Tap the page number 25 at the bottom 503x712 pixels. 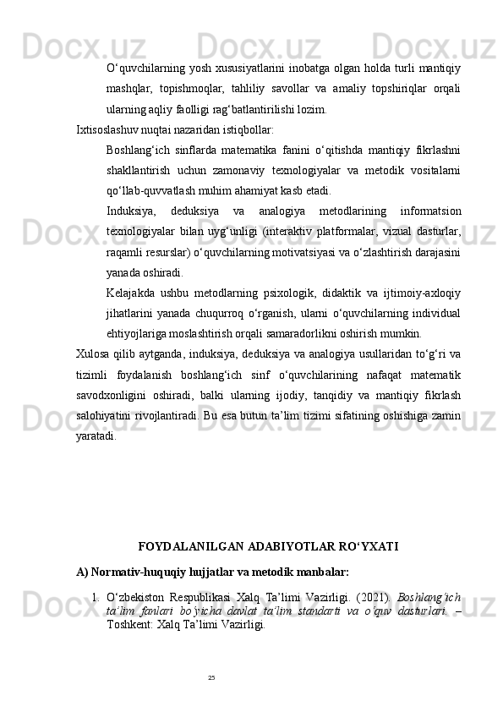point(211,677)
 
